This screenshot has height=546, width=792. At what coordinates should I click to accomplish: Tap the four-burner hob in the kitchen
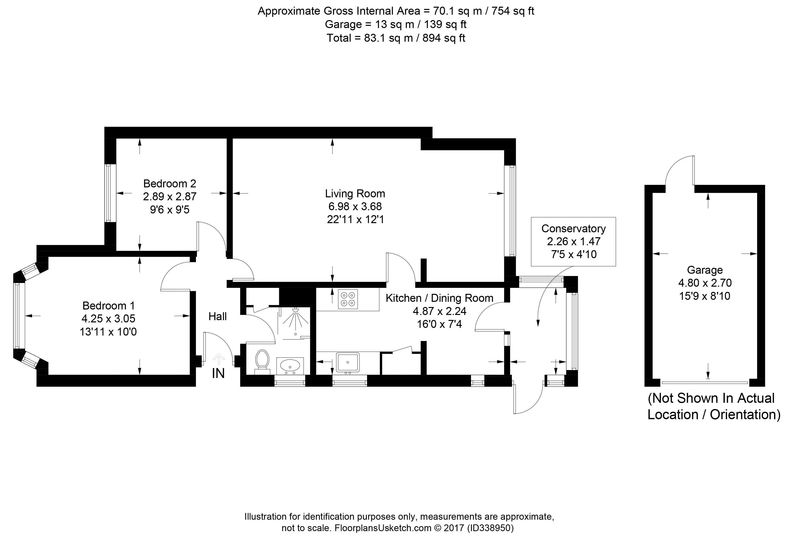(x=348, y=299)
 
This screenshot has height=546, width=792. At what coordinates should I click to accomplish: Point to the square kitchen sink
(x=348, y=362)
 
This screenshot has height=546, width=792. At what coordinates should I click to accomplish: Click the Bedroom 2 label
(x=169, y=184)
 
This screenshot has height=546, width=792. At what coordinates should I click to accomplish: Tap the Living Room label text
(x=355, y=194)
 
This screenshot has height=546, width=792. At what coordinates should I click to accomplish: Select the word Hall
(x=217, y=316)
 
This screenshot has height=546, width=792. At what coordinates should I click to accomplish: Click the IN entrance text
(x=218, y=374)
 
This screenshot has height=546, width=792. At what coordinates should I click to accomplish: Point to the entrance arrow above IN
(x=219, y=359)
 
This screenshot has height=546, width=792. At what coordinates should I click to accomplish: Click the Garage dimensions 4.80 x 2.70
(x=705, y=283)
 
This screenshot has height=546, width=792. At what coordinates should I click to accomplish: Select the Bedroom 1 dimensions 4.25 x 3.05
(x=108, y=318)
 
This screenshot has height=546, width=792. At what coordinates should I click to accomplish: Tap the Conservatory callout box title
(x=573, y=229)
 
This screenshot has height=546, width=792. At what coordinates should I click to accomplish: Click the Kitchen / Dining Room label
(x=440, y=298)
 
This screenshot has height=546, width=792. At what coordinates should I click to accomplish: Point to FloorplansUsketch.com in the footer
(x=383, y=528)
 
